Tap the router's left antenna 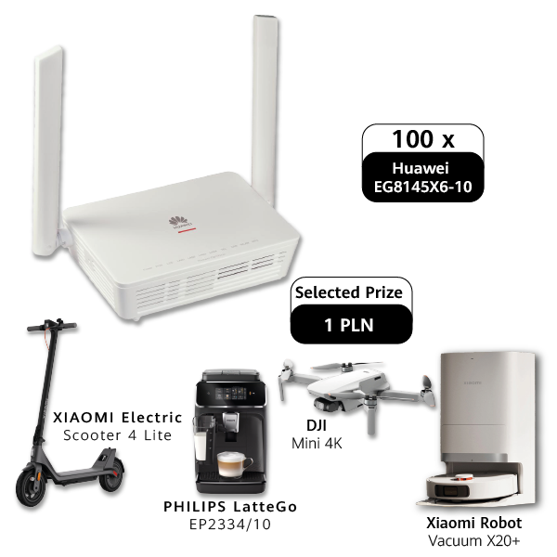click(x=48, y=151)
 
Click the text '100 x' click(x=422, y=139)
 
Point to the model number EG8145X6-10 click(x=422, y=187)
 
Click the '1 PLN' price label click(x=349, y=325)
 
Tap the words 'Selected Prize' click(x=349, y=292)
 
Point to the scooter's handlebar click(x=52, y=326)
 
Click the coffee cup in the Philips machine click(x=234, y=464)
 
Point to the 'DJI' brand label click(x=317, y=425)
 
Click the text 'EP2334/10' click(x=230, y=525)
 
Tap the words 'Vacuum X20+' click(x=474, y=541)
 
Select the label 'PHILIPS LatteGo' click(x=230, y=507)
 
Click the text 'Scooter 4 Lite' click(x=118, y=435)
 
